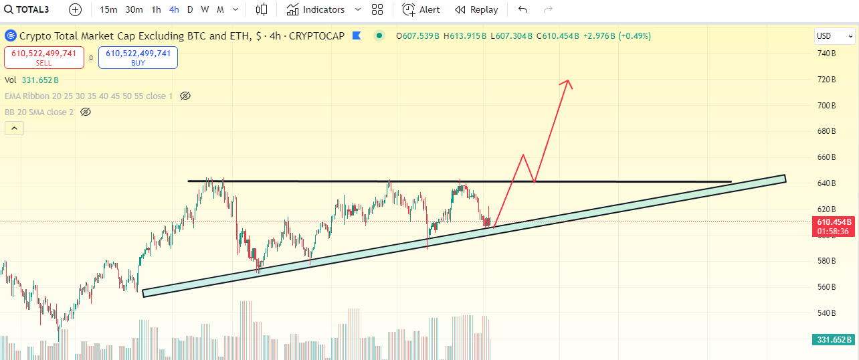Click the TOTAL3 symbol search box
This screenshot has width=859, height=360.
click(31, 9)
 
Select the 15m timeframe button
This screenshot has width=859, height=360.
click(108, 9)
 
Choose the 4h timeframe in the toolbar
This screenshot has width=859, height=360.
click(174, 9)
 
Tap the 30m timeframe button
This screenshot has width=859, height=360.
click(134, 9)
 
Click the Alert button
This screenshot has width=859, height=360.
click(421, 9)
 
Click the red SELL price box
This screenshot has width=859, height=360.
click(43, 58)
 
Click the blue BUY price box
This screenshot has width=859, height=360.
click(138, 58)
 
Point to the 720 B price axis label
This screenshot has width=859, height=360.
click(827, 80)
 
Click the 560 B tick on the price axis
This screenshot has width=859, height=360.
click(827, 287)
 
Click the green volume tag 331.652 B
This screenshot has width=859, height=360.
click(833, 340)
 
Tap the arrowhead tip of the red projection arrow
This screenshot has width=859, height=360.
click(569, 80)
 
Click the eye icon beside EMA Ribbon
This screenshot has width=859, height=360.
click(185, 96)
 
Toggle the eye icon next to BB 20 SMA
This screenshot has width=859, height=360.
click(85, 112)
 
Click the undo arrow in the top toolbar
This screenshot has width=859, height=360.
click(523, 9)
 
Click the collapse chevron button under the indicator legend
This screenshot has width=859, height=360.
click(14, 128)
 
